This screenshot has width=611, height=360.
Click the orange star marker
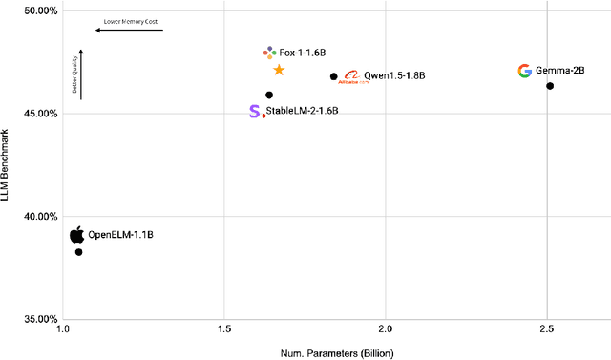[279, 70]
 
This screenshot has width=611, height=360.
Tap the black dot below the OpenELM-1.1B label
[78, 252]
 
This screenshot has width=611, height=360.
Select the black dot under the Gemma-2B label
[550, 86]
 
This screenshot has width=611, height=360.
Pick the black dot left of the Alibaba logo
[333, 76]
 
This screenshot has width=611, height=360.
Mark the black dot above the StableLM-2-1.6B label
[269, 95]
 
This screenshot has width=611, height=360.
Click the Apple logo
[77, 235]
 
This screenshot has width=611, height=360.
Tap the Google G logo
[524, 71]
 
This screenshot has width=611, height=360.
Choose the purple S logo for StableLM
[253, 112]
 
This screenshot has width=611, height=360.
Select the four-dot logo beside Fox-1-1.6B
[269, 52]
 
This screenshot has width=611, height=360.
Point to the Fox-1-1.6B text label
[301, 52]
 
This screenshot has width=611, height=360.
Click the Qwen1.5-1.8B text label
[392, 75]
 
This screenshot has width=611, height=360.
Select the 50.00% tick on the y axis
[35, 11]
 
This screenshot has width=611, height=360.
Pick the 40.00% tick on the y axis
[35, 216]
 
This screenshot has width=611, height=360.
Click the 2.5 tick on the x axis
[546, 328]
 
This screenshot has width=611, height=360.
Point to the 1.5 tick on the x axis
[224, 328]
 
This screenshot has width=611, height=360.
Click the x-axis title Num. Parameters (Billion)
[337, 353]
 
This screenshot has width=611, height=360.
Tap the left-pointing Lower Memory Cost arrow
[129, 31]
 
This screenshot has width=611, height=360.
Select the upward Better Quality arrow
[81, 74]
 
